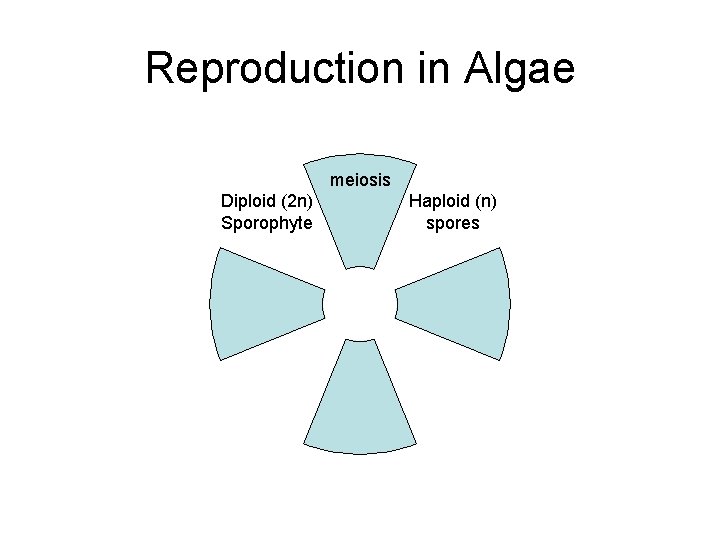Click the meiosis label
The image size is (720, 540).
[x=360, y=181]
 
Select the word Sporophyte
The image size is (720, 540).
[x=266, y=222]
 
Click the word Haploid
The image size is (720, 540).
[x=439, y=201]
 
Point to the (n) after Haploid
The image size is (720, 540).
[x=483, y=201]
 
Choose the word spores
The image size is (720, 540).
[x=453, y=222]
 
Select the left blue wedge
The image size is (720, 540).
[x=260, y=303]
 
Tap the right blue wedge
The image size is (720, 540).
[x=460, y=303]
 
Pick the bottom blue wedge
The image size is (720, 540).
[x=360, y=400]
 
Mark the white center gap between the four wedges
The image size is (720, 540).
[x=360, y=303]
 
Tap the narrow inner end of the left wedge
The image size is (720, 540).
[x=317, y=303]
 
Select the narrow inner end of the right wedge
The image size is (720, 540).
[x=403, y=303]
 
